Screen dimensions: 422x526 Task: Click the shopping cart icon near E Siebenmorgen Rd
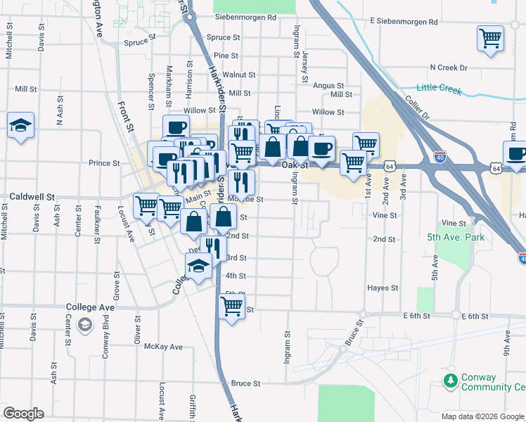click(x=491, y=38)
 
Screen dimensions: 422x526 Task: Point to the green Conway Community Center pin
click(x=449, y=381)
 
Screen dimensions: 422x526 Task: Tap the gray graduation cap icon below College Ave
click(x=85, y=324)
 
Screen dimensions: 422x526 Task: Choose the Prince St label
click(x=104, y=162)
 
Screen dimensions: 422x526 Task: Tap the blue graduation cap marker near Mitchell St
click(x=20, y=126)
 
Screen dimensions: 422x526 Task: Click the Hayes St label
click(x=383, y=288)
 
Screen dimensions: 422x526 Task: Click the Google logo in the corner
click(x=24, y=414)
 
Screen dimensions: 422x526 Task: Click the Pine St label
click(x=226, y=56)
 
